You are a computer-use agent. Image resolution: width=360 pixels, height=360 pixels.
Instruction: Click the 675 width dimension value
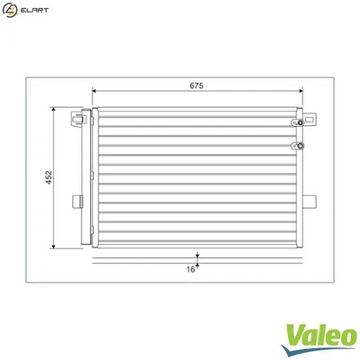(x=197, y=86)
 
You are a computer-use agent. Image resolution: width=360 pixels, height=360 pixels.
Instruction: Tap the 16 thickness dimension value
(x=190, y=268)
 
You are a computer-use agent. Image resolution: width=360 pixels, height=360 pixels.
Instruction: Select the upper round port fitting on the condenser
(x=295, y=124)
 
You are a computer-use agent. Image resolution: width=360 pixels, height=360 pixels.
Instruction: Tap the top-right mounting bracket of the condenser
(x=310, y=117)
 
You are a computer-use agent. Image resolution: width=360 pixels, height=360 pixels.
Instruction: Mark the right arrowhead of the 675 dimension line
(x=301, y=93)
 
